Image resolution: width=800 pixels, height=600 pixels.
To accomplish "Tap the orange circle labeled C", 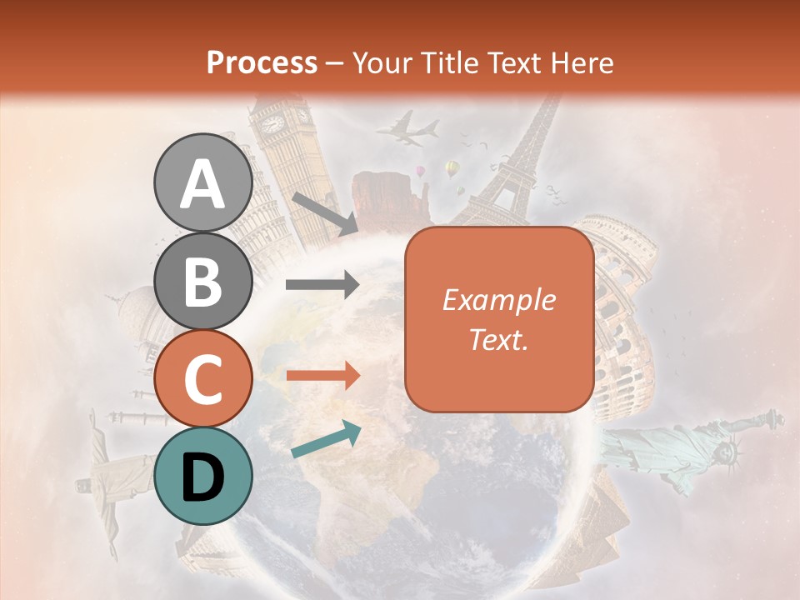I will click(202, 378).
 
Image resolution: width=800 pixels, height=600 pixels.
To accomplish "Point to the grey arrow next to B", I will click(322, 285).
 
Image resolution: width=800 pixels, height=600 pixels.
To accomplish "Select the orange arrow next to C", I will click(322, 376).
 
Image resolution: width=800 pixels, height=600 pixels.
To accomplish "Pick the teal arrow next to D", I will click(326, 439).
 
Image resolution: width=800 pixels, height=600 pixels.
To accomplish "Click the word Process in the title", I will click(262, 62).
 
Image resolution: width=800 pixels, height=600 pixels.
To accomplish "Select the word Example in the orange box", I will click(498, 300).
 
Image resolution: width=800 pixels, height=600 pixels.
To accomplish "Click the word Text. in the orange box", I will click(498, 339).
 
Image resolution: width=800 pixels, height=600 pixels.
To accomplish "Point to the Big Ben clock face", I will click(272, 124).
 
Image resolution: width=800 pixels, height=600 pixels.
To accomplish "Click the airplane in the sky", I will click(407, 129).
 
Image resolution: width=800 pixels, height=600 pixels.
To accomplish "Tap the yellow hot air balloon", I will click(452, 169).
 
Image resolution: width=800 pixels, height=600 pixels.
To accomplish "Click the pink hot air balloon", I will click(421, 171).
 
